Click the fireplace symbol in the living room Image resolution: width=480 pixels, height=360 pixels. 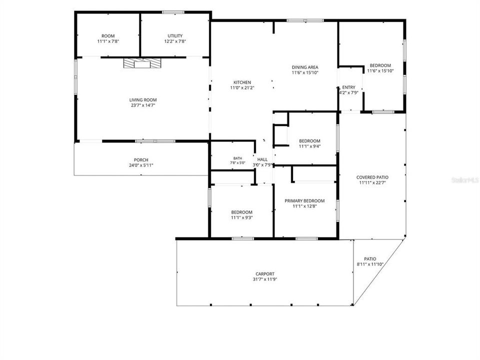[142, 63]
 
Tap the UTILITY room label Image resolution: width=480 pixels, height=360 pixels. [175, 36]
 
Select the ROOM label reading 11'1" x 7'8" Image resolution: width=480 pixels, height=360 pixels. [108, 36]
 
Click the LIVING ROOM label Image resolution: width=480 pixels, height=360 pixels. [143, 100]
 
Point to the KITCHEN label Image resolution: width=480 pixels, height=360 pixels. [242, 82]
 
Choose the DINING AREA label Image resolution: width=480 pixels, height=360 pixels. [305, 67]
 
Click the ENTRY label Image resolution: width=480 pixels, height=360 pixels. [348, 87]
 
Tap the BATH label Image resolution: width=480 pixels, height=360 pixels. [238, 158]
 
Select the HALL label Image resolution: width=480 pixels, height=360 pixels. [262, 159]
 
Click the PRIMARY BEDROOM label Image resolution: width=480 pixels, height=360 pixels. [304, 201]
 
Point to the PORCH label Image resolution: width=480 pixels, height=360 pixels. [141, 160]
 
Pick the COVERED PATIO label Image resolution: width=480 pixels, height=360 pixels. [372, 177]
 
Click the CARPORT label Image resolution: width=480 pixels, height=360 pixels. [265, 274]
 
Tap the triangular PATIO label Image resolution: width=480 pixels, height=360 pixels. [370, 259]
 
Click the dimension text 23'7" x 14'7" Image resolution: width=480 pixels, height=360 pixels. [143, 105]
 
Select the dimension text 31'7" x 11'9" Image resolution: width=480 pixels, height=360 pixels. [265, 279]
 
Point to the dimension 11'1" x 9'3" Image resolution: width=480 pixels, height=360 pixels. [242, 217]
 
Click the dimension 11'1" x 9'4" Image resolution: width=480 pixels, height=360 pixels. [309, 146]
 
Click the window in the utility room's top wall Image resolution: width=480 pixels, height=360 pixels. [173, 12]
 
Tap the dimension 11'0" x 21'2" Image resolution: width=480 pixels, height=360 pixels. [242, 87]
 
